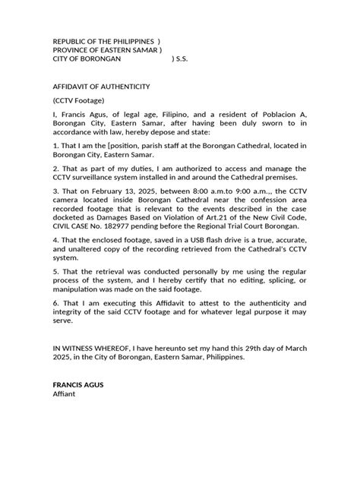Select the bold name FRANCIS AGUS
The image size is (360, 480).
coord(79,406)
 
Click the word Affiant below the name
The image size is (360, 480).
coord(65,416)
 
